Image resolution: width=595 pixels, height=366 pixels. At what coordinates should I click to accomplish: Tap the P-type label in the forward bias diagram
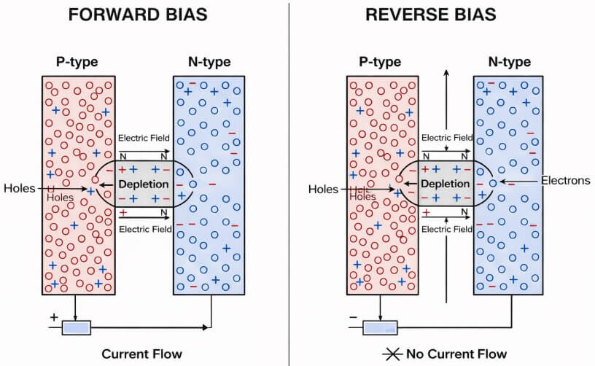(x=78, y=62)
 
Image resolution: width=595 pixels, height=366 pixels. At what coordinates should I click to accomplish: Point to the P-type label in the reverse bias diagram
(x=379, y=62)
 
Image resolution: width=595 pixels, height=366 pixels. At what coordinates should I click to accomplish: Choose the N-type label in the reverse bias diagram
(x=510, y=62)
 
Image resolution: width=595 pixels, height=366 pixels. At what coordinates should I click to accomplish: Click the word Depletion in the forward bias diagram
(x=144, y=184)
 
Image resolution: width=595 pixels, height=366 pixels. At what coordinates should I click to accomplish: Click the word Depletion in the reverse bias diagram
(x=445, y=184)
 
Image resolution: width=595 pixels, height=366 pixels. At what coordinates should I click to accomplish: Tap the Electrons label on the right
(x=565, y=180)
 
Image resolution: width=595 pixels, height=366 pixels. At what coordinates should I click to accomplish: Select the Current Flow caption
(x=141, y=354)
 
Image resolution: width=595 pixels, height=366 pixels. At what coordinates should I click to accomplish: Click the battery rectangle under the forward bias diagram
(x=77, y=327)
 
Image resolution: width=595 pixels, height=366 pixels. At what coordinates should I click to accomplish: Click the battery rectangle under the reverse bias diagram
(x=378, y=327)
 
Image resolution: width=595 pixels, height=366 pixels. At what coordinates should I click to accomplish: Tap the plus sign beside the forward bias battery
(x=52, y=318)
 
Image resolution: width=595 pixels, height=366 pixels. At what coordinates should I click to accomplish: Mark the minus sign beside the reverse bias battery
(x=354, y=318)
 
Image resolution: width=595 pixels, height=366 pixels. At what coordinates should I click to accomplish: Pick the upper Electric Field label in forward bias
(x=144, y=138)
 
